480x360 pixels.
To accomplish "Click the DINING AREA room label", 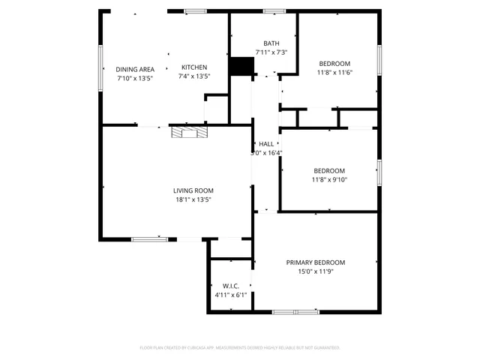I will [x=135, y=69].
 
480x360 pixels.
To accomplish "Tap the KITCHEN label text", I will [x=193, y=67].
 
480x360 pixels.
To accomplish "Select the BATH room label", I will [x=271, y=43].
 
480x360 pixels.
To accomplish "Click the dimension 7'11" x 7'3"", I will [x=271, y=52].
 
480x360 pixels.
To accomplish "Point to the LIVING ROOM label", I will [x=193, y=190].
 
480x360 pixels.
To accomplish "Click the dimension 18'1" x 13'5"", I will [x=193, y=199].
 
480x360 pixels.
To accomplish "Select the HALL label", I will [x=266, y=144].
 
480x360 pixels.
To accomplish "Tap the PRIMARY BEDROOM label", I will [x=315, y=262].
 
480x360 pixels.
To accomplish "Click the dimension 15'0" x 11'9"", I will [x=315, y=271].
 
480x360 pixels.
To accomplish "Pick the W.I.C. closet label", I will [x=230, y=286].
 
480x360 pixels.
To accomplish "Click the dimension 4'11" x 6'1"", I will [x=230, y=295].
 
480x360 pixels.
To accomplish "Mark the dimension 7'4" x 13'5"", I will [x=193, y=76].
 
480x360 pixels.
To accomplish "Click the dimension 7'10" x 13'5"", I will [x=135, y=78].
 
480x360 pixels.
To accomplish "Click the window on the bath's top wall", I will [x=274, y=10].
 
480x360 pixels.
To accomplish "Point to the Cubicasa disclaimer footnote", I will [x=240, y=348].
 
